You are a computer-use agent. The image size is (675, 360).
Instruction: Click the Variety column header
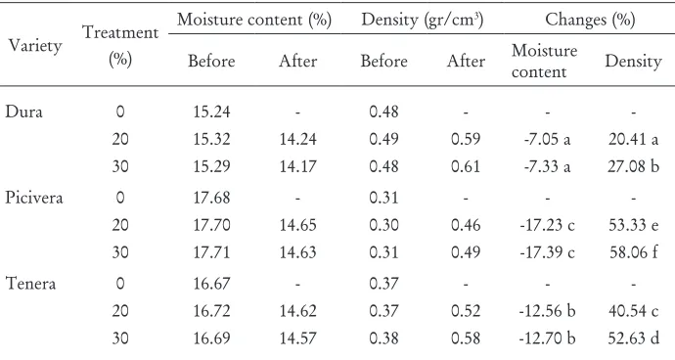coord(35,46)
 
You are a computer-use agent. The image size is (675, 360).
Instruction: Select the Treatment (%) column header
coord(120,46)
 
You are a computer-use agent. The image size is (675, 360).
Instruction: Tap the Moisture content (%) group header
coord(254,20)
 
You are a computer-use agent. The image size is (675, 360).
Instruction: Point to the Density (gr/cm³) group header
coord(423,20)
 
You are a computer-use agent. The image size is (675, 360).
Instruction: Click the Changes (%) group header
coord(590,20)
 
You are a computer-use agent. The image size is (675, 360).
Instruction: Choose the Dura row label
coord(23,112)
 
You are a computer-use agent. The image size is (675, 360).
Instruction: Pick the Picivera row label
coord(34,198)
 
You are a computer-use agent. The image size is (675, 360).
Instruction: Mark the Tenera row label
coord(30,285)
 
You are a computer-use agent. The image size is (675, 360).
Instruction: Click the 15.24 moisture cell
coord(211,112)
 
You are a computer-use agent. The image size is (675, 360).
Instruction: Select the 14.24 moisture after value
coord(298,139)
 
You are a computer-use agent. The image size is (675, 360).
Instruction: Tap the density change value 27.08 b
coord(633,166)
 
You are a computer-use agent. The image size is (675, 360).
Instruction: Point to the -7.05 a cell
coord(547,139)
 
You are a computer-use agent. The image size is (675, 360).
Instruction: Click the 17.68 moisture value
coord(211,198)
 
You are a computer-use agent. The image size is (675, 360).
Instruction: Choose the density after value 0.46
coord(466,225)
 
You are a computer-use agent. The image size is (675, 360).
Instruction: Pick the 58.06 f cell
coord(633,252)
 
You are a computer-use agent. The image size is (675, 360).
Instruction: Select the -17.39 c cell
coord(547,252)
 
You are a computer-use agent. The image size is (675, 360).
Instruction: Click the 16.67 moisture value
coord(211,285)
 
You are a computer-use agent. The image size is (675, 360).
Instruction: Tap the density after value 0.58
coord(466,338)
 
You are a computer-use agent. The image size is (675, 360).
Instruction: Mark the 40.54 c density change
coord(633,311)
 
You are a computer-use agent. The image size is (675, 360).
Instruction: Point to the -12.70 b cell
coord(547,338)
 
